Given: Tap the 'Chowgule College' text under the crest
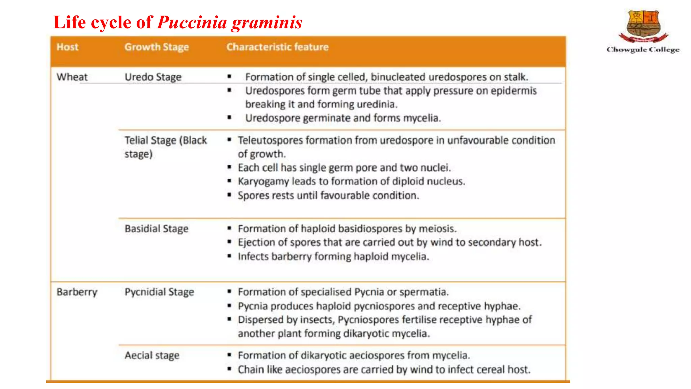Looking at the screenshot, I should pyautogui.click(x=643, y=50).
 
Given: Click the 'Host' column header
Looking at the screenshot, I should pyautogui.click(x=67, y=47).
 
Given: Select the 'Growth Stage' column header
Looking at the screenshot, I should pyautogui.click(x=157, y=47).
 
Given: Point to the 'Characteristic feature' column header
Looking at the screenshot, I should pyautogui.click(x=277, y=47).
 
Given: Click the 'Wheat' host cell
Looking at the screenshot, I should pyautogui.click(x=72, y=77).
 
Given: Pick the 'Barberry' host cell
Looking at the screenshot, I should pyautogui.click(x=77, y=292).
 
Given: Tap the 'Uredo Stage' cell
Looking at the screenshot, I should pyautogui.click(x=153, y=77).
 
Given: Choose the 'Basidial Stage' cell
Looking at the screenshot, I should pyautogui.click(x=157, y=229).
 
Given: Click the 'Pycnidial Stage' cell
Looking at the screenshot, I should pyautogui.click(x=159, y=292).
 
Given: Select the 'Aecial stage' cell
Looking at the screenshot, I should pyautogui.click(x=152, y=356).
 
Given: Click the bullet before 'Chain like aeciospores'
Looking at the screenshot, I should pyautogui.click(x=229, y=369).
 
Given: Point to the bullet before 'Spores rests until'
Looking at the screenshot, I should pyautogui.click(x=229, y=195).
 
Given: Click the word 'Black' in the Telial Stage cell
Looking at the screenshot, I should pyautogui.click(x=194, y=140).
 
